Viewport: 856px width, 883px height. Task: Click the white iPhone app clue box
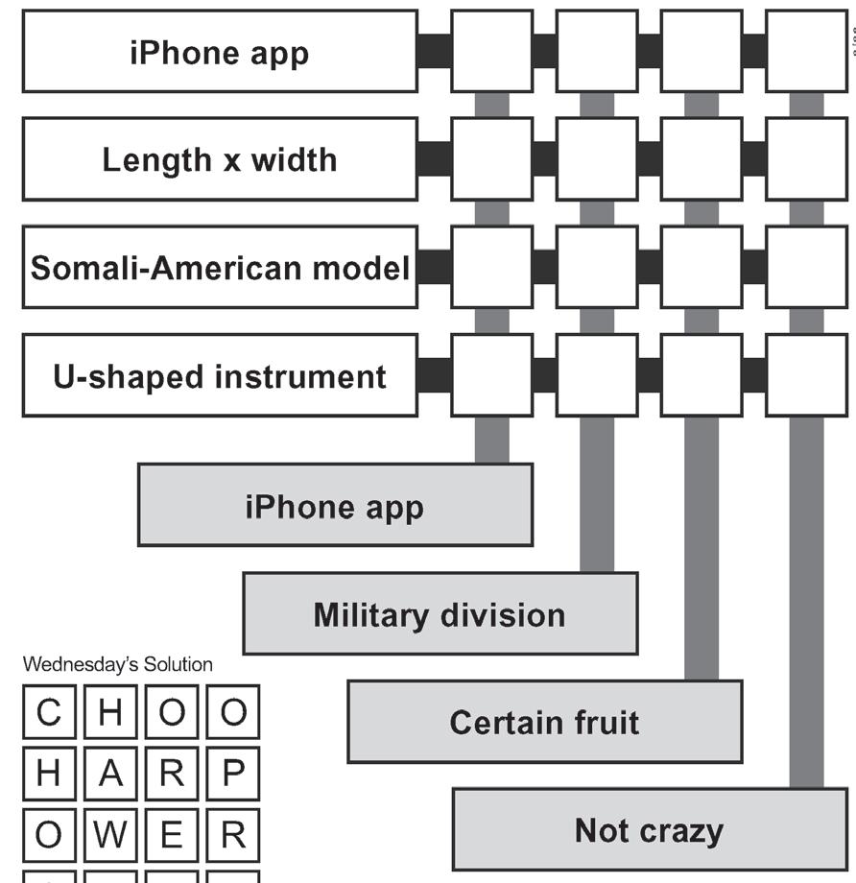219,52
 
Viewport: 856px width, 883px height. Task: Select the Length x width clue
219,159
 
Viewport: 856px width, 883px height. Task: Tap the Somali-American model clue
219,268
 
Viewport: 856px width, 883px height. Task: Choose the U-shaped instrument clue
219,376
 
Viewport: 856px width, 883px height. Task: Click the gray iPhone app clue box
334,506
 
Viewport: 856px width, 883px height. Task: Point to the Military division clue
440,614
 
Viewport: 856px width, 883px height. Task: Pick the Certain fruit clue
544,722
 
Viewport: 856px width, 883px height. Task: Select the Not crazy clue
649,830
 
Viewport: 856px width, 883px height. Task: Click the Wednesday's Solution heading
118,664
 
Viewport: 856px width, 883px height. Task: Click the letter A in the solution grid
110,775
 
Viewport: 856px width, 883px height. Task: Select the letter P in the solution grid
232,775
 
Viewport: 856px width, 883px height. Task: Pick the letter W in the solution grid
110,836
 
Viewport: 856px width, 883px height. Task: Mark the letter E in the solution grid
172,836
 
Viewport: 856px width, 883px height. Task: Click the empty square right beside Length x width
491,159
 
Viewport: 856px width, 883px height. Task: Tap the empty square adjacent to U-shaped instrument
491,376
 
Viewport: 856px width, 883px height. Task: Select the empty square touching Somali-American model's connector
491,268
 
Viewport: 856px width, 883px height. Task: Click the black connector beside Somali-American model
434,268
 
